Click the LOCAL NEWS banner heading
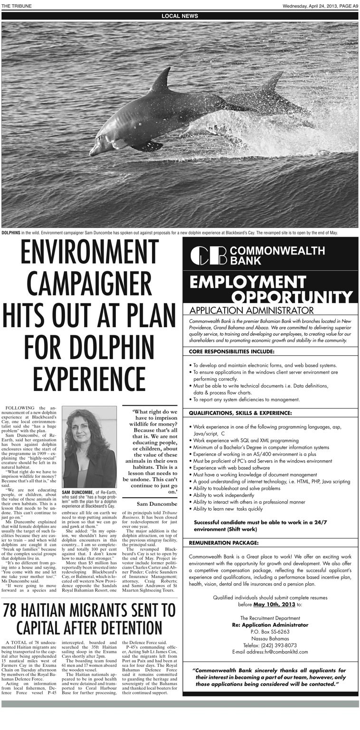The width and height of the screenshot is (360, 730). (180, 16)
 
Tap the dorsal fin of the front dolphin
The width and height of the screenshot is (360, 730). (162, 79)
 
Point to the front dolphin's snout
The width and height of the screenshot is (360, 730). (94, 152)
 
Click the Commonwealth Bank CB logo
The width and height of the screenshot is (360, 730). (208, 255)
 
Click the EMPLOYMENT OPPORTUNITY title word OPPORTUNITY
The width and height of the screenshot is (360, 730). (292, 297)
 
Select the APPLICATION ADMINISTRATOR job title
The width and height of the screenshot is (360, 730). (251, 311)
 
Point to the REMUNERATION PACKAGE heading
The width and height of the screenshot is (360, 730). (224, 542)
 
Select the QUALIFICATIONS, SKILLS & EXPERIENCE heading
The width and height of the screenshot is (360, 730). (240, 413)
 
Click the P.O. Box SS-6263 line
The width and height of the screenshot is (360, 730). (270, 632)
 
